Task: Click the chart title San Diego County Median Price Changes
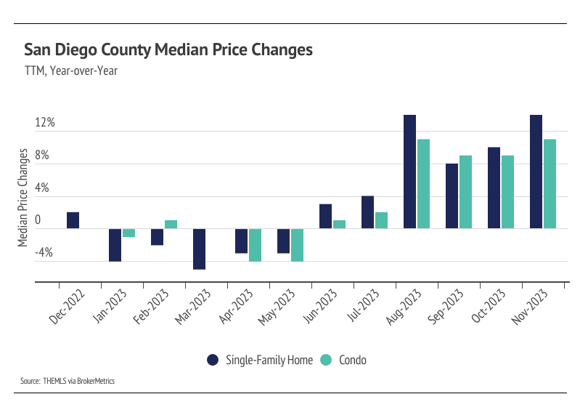168,50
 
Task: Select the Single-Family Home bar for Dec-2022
73,220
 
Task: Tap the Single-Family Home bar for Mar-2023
199,249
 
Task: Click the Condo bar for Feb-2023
171,225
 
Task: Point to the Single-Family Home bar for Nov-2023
536,172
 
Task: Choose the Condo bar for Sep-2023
466,192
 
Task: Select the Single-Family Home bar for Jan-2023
115,245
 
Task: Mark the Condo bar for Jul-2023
382,220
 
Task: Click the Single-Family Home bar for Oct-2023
494,188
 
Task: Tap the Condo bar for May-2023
298,245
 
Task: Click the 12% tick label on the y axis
45,123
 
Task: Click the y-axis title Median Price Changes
23,197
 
